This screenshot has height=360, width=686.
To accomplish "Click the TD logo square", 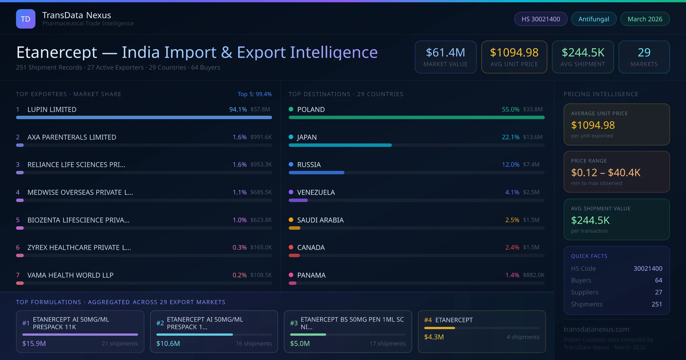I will click(x=26, y=19).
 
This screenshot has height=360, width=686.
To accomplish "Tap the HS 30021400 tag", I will click(x=541, y=19).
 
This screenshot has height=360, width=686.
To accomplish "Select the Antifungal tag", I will click(x=594, y=19).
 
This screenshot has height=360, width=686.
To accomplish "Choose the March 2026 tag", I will click(x=645, y=19).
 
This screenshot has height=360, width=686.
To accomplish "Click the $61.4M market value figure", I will click(x=445, y=53).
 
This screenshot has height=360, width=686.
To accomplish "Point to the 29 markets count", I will click(x=644, y=53).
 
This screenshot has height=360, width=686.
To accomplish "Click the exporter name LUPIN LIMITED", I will click(x=52, y=109).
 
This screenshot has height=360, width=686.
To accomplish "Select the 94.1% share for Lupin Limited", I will click(x=238, y=109).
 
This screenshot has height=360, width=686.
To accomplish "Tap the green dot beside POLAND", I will click(x=291, y=109).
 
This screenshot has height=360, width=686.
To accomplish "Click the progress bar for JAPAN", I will click(x=340, y=145).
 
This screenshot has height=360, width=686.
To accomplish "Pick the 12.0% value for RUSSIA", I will click(x=510, y=165).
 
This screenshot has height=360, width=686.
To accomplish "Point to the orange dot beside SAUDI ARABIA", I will click(x=291, y=220).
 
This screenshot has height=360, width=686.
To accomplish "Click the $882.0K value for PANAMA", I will click(x=534, y=275).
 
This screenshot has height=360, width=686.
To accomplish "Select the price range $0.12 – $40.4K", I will click(x=605, y=173).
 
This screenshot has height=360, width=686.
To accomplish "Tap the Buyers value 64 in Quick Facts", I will click(x=658, y=280).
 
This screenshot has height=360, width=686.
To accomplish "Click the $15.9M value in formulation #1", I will click(x=34, y=343).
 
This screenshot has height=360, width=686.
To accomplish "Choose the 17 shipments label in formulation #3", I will click(x=387, y=343).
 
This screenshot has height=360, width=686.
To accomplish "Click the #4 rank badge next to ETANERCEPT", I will click(x=428, y=320).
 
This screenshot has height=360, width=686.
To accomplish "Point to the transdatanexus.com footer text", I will click(x=596, y=329).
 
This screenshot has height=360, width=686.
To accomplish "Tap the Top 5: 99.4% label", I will click(x=254, y=94).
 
